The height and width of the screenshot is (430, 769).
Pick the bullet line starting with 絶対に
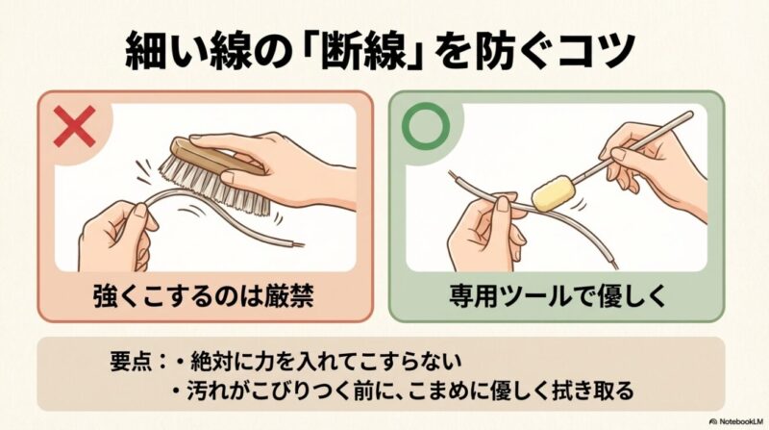(317, 363)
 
